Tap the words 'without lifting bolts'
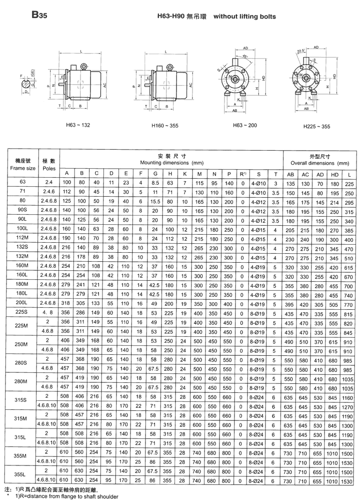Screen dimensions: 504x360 (x=244, y=17)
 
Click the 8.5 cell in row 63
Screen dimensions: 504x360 (x=155, y=183)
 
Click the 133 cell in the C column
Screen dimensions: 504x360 (x=96, y=304)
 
